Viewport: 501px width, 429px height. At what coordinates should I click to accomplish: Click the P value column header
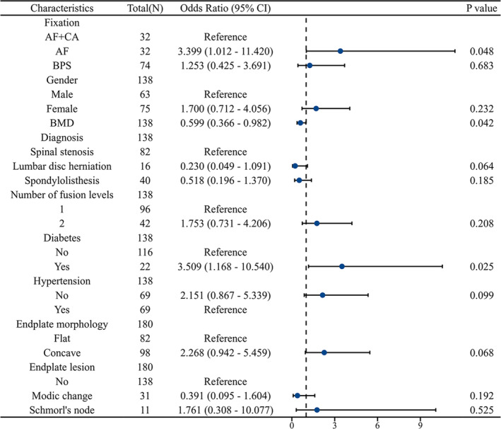pos(481,8)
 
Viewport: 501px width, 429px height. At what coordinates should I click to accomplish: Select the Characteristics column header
pos(62,8)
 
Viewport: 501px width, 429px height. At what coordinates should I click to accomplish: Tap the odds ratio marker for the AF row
pos(341,51)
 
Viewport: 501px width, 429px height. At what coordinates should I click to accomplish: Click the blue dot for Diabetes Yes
pos(341,266)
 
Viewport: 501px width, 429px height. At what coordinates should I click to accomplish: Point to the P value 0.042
pos(481,123)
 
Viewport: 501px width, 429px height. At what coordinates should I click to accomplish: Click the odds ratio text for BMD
pos(225,123)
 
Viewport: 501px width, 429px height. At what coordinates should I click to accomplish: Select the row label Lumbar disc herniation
pos(62,166)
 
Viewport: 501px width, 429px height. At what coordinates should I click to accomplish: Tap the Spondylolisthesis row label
pos(62,181)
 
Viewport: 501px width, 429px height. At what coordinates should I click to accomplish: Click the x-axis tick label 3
pos(334,425)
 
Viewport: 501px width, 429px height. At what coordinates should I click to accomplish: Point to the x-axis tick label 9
pos(420,425)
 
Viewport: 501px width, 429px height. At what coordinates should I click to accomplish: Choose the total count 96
pos(145,209)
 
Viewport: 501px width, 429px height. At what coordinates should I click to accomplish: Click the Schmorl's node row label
pos(62,410)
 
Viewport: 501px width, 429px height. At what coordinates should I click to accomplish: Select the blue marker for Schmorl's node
pos(317,410)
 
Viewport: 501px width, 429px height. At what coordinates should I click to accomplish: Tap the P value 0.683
pos(481,66)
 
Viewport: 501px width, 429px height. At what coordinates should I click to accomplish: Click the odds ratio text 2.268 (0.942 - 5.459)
pos(225,353)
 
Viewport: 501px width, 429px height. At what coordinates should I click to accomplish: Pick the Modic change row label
pos(62,396)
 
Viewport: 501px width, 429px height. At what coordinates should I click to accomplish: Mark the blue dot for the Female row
pos(316,108)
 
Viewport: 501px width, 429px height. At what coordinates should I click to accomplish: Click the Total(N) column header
pos(145,8)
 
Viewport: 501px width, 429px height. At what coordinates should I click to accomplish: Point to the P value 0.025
pos(481,266)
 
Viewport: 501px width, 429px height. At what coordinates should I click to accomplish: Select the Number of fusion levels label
pos(62,195)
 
